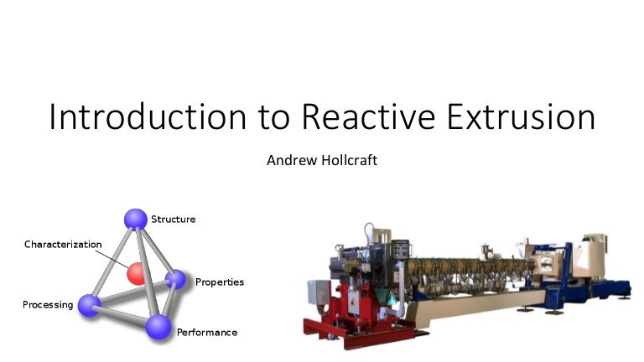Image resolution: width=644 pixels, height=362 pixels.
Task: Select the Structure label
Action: click(x=173, y=220)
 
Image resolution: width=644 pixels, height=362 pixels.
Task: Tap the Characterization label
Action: click(x=63, y=245)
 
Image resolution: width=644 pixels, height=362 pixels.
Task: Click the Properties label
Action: click(x=219, y=282)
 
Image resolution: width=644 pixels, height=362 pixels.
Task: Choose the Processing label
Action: click(x=48, y=304)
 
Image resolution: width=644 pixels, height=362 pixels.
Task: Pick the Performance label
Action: click(x=206, y=333)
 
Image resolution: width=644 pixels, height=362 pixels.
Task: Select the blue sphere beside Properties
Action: click(x=174, y=279)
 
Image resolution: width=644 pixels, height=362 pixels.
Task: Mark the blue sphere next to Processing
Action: click(x=89, y=305)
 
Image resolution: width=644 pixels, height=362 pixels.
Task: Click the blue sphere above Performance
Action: click(x=158, y=327)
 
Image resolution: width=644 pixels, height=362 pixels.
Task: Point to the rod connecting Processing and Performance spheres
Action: click(x=123, y=316)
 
